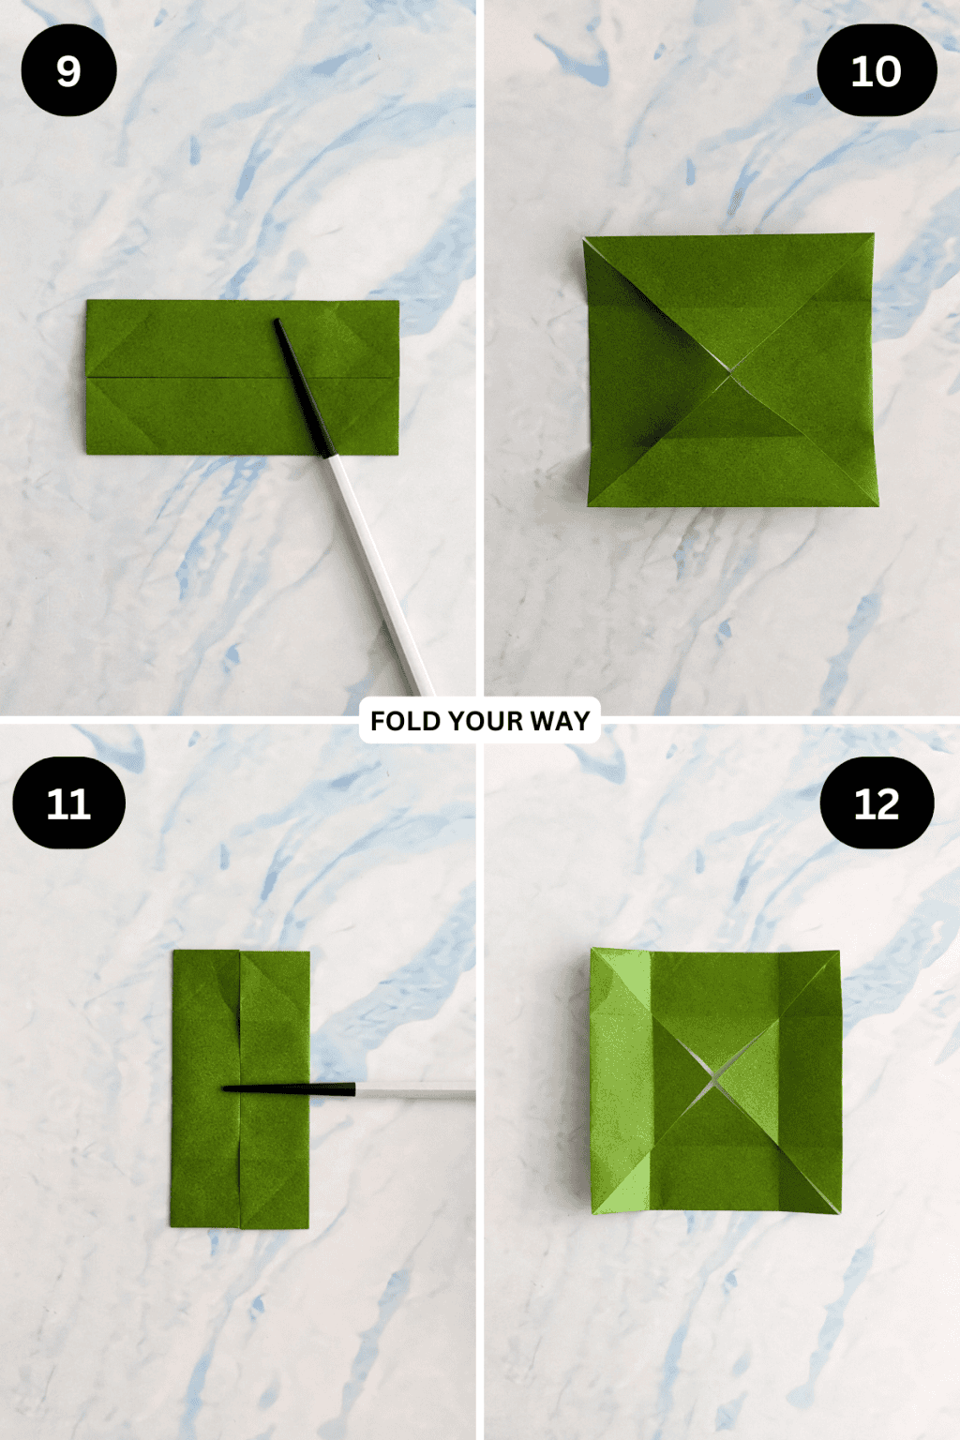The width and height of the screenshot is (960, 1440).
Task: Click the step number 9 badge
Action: tap(68, 70)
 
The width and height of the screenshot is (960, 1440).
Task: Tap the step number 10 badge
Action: tap(877, 70)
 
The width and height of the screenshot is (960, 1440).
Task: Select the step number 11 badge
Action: tap(68, 803)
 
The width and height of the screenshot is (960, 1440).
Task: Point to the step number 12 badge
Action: tap(877, 803)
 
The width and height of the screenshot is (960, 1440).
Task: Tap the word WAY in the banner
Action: tap(560, 721)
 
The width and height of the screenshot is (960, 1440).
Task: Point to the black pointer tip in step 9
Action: tap(277, 322)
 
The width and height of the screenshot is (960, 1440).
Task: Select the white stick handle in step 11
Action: tap(417, 1092)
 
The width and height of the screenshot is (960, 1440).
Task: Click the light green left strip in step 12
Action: tap(620, 1078)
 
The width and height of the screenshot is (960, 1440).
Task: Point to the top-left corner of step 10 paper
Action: tap(584, 238)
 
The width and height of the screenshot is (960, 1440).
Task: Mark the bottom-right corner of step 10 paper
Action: tap(877, 505)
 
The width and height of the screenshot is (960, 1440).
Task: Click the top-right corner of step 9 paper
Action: tap(398, 302)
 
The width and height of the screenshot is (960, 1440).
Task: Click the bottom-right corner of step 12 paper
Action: tap(839, 1212)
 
